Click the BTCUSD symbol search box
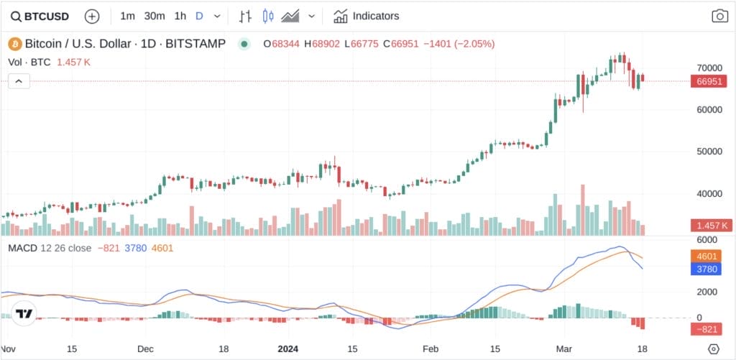[41, 16]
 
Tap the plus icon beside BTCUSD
[92, 16]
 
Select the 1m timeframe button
[127, 16]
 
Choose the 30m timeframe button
[154, 16]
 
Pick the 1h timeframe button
[180, 16]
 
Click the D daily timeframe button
[199, 16]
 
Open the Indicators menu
[367, 16]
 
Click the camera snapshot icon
[719, 16]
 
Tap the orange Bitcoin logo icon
[14, 44]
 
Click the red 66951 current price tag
[709, 82]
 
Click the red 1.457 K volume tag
[709, 226]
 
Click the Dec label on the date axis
[145, 349]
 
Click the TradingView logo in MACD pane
[25, 313]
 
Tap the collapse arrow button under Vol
[19, 82]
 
